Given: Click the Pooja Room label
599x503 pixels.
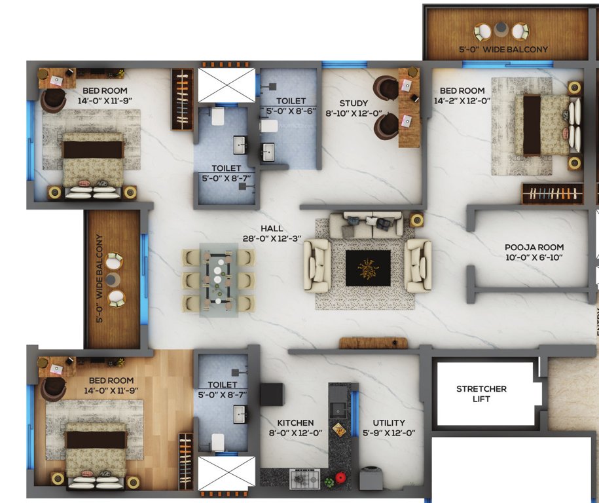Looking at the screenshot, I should [534, 248].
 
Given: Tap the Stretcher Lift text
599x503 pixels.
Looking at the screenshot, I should [481, 394].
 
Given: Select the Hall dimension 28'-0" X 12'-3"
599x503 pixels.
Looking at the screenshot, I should [271, 240].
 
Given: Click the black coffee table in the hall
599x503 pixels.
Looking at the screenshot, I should [367, 267].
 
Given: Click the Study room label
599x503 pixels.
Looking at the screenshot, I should [354, 103].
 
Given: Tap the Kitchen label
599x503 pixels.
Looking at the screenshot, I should [295, 422].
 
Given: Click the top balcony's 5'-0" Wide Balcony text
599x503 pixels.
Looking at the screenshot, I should [503, 49].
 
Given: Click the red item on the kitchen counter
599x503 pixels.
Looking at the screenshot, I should [340, 478].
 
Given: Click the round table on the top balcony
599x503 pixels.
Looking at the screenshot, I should [501, 29].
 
